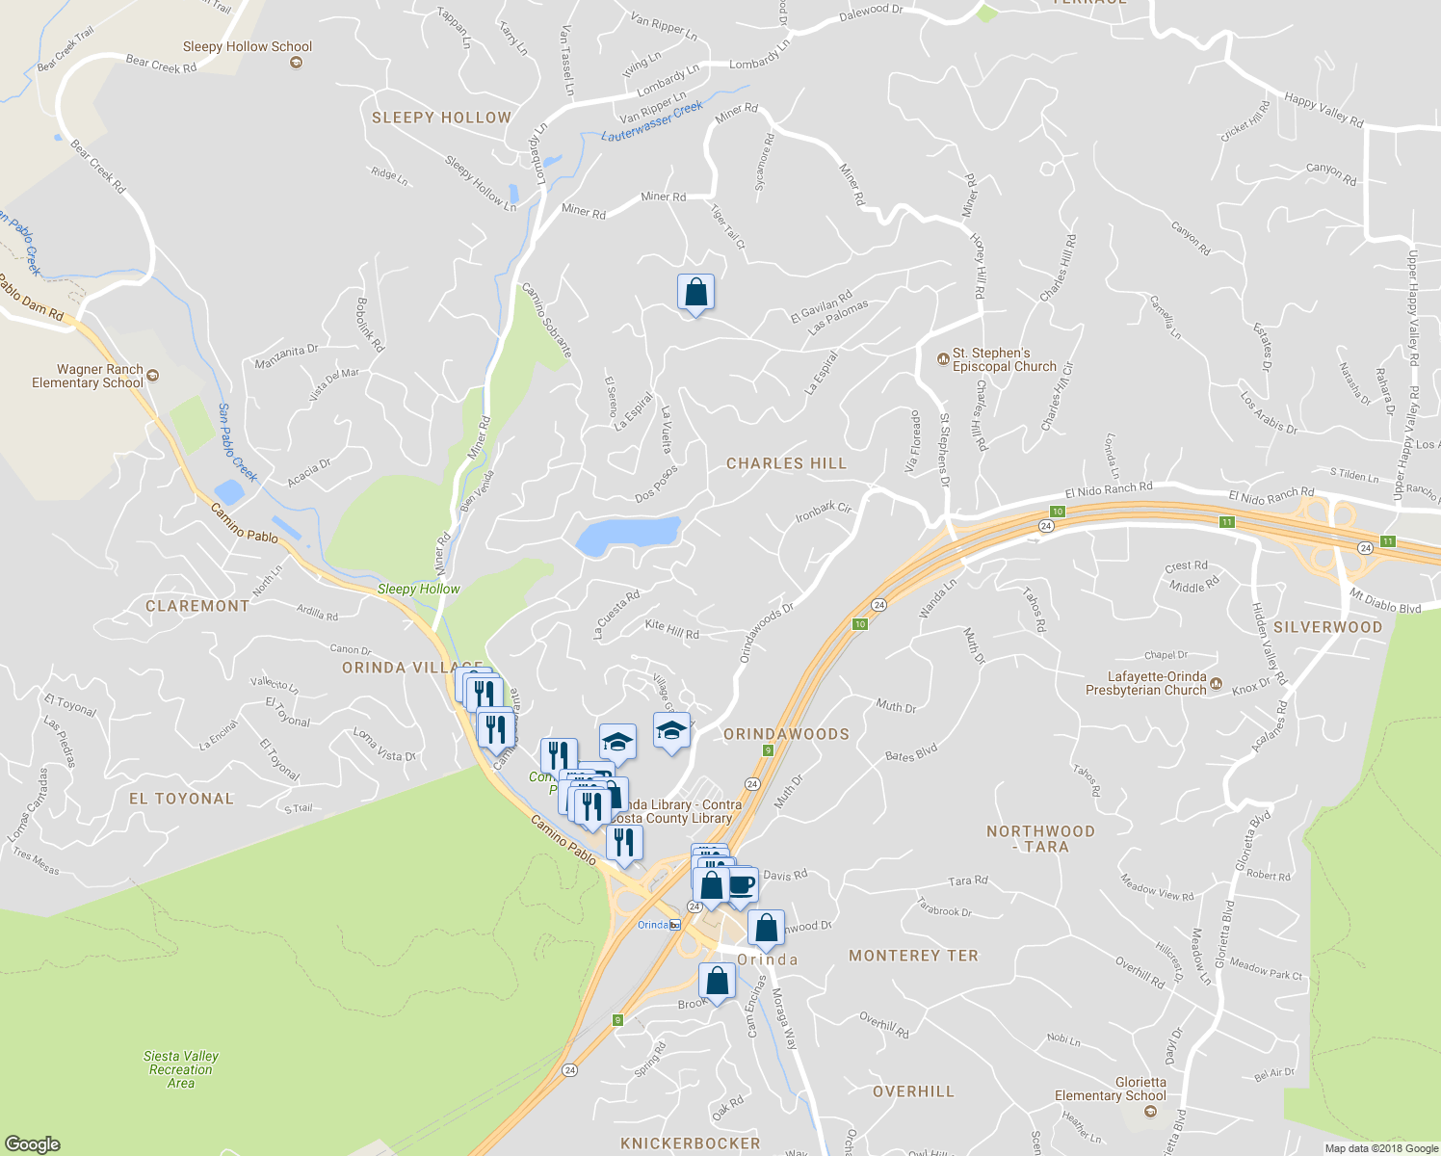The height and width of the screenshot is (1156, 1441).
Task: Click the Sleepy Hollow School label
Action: point(248,46)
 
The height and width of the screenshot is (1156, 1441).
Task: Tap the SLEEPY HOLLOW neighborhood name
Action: point(441,118)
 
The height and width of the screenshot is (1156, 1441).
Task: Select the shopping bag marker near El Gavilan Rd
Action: point(695,292)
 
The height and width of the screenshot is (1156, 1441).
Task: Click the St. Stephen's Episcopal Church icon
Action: point(943,359)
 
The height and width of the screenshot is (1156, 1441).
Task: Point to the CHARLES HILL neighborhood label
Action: point(786,463)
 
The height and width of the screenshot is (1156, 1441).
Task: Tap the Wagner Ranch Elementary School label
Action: point(88,376)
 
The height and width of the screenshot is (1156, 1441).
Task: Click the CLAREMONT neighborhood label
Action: point(197,606)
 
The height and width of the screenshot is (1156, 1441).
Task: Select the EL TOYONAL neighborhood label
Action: point(181,799)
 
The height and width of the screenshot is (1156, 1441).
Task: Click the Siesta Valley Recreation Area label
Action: point(181,1069)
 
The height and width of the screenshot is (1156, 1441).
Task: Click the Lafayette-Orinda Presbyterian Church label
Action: point(1145,683)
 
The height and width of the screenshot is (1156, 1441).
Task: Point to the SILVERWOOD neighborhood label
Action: point(1327,627)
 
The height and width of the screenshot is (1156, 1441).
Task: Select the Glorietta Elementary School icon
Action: point(1149,1111)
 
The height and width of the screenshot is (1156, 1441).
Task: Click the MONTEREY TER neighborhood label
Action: point(913,956)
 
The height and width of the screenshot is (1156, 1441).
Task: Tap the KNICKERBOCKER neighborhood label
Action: point(690,1143)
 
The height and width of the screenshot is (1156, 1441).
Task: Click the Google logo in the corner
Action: point(32,1143)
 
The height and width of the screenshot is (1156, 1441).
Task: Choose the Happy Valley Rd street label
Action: point(1323,111)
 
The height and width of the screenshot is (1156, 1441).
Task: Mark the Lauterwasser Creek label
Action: point(652,122)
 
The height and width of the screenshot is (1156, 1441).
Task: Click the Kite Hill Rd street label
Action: point(671,629)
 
